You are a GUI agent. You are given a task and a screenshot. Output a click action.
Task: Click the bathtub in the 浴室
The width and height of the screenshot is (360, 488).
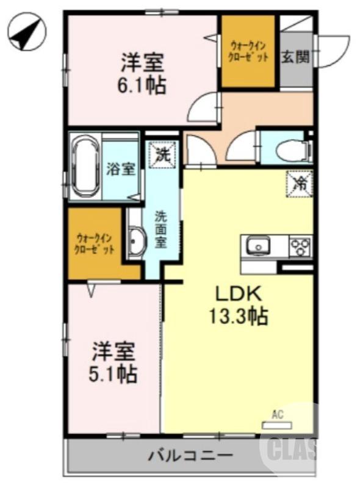pyautogui.click(x=85, y=167)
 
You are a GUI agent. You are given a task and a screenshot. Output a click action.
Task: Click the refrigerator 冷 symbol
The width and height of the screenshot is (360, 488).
pyautogui.click(x=299, y=182)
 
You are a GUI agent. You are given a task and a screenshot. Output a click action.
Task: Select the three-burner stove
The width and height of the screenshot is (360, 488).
pyautogui.click(x=300, y=246)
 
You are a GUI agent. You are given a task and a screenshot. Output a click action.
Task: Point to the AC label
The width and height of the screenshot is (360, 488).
pyautogui.click(x=278, y=415)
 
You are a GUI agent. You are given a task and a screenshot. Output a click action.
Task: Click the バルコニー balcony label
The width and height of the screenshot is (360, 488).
pyautogui.click(x=190, y=455)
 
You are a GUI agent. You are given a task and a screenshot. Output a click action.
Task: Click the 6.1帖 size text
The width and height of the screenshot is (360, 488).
pyautogui.click(x=142, y=85)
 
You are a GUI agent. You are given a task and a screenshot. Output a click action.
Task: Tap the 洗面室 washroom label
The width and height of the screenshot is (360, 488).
pyautogui.click(x=160, y=229)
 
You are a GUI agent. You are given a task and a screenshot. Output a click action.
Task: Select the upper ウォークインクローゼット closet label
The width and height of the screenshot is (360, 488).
pyautogui.click(x=248, y=51)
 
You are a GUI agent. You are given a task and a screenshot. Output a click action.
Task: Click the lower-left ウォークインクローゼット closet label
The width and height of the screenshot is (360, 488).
pyautogui.click(x=94, y=243)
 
